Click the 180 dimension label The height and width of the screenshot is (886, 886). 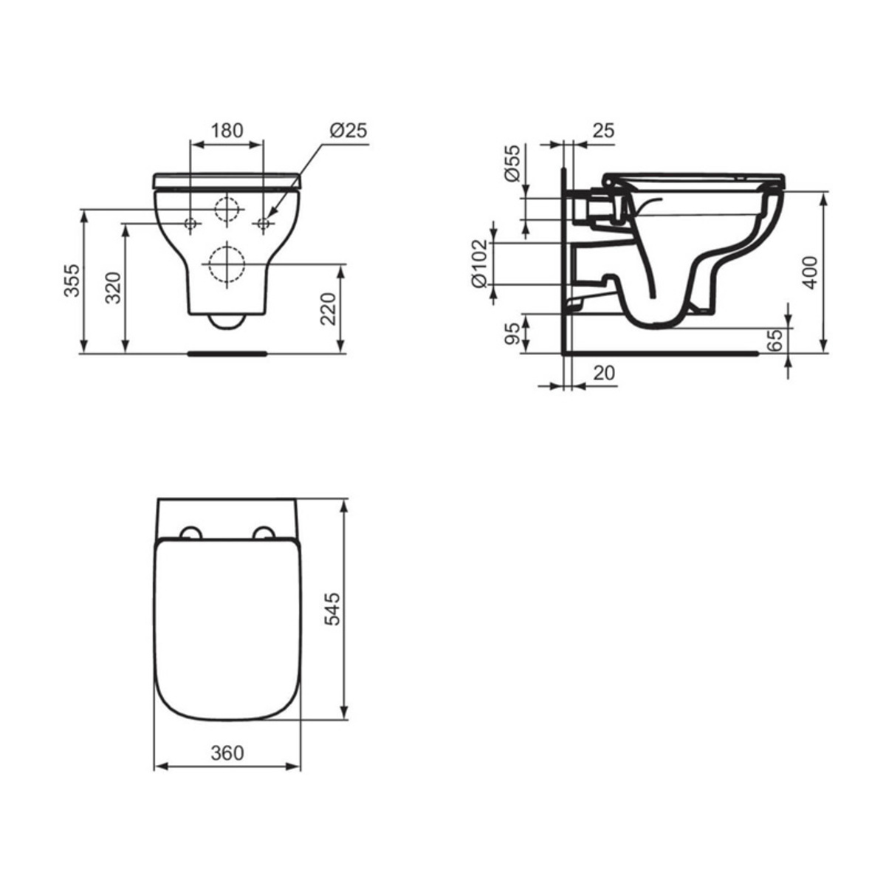point(227,131)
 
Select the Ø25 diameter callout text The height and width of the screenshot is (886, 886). point(348,131)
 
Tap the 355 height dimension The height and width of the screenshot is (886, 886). point(72,281)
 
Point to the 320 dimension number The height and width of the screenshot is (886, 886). point(113,288)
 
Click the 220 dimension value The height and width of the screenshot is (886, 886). point(329,309)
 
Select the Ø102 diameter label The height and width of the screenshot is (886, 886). point(480,264)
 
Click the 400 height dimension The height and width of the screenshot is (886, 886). point(810,272)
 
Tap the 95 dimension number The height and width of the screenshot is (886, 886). point(512,333)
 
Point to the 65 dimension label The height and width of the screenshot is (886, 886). point(775,340)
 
